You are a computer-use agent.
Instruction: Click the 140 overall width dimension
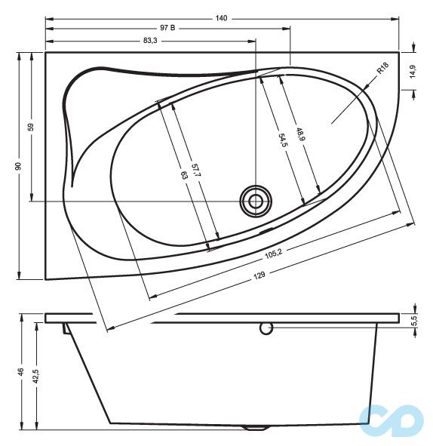[222, 17]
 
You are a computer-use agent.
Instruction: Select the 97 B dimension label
[167, 29]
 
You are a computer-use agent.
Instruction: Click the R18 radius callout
[383, 70]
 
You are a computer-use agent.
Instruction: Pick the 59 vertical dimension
[31, 127]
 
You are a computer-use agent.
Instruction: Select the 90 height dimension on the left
[18, 165]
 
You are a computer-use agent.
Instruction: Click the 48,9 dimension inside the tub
[300, 135]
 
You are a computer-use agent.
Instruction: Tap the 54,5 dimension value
[282, 140]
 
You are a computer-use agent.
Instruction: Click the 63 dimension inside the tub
[183, 174]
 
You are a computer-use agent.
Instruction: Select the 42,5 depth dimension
[35, 374]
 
